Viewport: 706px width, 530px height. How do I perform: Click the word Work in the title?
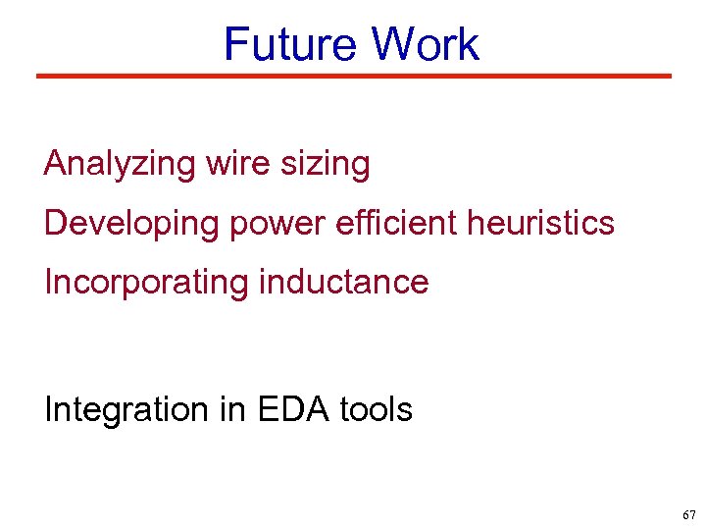pyautogui.click(x=426, y=45)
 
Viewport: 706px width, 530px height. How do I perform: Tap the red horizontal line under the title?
pyautogui.click(x=353, y=76)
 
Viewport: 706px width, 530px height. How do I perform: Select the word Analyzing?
pyautogui.click(x=120, y=164)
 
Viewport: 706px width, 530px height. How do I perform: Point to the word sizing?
pyautogui.click(x=326, y=164)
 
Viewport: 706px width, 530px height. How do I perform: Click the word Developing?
pyautogui.click(x=131, y=224)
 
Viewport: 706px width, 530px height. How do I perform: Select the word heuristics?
pyautogui.click(x=540, y=223)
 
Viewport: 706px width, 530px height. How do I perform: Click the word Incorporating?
pyautogui.click(x=146, y=283)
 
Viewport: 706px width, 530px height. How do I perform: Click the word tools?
pyautogui.click(x=377, y=408)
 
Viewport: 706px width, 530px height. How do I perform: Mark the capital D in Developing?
pyautogui.click(x=55, y=223)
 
